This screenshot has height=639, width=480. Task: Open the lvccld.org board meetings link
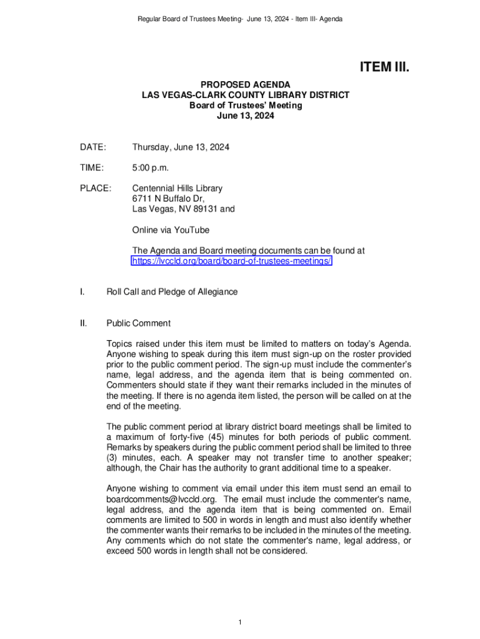232,261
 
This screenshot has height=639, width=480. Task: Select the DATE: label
93,147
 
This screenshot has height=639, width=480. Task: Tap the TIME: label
92,168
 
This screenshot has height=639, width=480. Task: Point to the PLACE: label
95,188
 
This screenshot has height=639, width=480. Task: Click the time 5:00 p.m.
150,168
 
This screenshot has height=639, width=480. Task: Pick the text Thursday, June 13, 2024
181,147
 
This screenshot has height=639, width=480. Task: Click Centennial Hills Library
177,188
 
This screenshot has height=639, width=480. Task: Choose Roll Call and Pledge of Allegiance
172,292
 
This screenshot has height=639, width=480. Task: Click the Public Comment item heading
138,323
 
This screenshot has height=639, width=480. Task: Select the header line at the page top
240,19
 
